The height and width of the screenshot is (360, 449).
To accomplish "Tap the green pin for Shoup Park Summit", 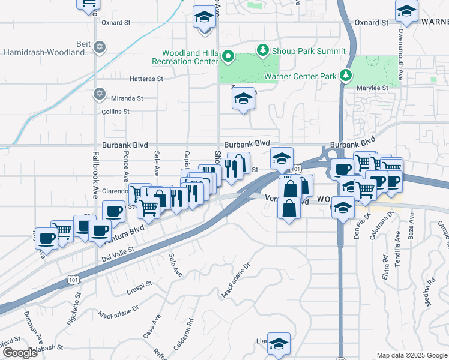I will click(x=262, y=51).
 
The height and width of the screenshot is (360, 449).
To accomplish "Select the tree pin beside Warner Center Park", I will click(x=345, y=76).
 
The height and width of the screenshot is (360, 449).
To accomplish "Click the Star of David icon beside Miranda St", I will click(x=100, y=94).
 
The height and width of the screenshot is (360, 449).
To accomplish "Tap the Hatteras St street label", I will click(x=143, y=79).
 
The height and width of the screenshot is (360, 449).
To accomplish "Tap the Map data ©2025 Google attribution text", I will click(x=412, y=355).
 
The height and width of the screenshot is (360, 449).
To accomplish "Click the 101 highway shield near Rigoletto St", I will click(x=73, y=280).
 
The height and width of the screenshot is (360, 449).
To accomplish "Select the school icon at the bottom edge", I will click(x=279, y=343).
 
